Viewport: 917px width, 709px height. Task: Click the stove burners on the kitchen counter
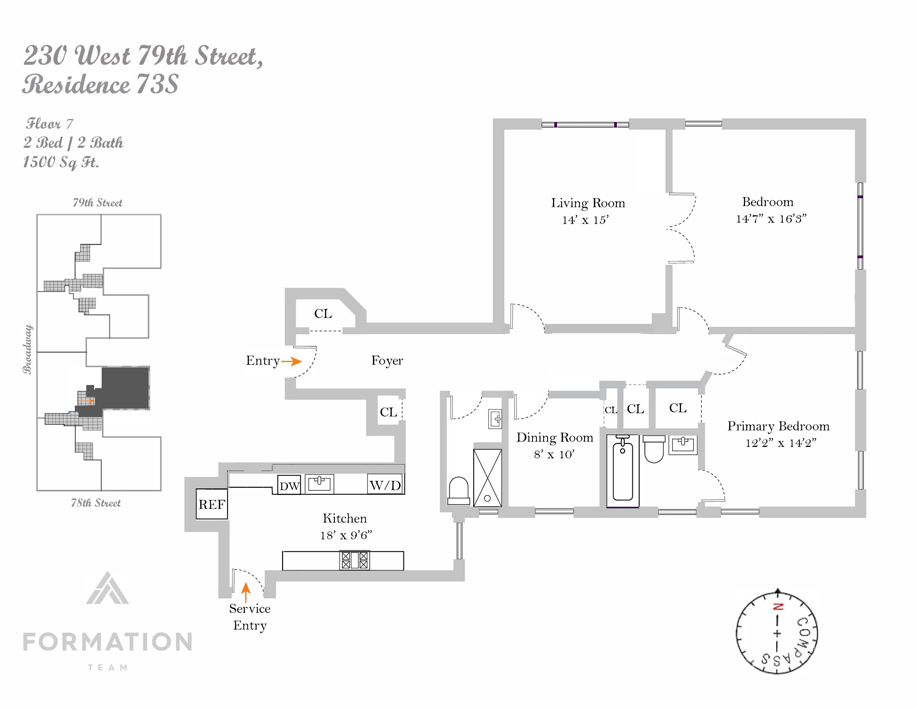(x=354, y=560)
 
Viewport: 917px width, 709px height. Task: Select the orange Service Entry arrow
(x=246, y=592)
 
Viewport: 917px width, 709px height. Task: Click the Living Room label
(x=588, y=203)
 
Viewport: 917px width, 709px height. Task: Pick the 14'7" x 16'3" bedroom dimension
(x=771, y=219)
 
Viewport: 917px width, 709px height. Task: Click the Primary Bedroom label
(x=778, y=426)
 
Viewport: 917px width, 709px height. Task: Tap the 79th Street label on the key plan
(x=97, y=203)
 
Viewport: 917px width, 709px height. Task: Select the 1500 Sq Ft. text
(x=61, y=162)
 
